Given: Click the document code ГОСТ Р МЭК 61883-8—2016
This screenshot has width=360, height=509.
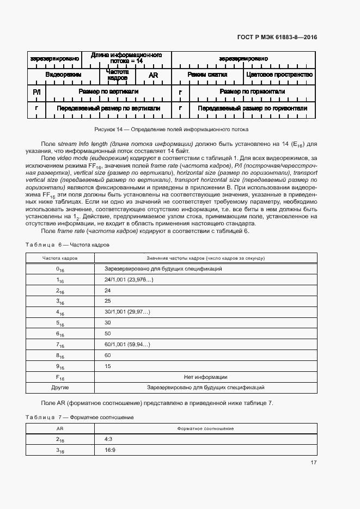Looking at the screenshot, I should click(277, 37).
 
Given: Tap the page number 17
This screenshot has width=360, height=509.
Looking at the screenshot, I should click(313, 463).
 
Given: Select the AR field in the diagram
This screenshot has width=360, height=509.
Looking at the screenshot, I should click(153, 75).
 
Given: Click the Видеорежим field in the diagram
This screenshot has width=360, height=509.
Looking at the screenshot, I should click(63, 75).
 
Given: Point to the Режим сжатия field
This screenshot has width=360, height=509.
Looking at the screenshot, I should click(207, 75).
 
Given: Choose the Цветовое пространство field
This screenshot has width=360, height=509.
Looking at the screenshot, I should click(279, 75).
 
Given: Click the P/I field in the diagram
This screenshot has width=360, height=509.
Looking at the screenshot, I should click(36, 92).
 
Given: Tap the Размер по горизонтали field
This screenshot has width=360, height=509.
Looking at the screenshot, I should click(252, 92).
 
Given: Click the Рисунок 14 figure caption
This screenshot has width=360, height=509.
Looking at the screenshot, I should click(172, 130).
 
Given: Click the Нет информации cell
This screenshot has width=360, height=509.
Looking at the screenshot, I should click(205, 377).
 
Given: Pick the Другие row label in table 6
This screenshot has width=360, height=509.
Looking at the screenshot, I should click(60, 388).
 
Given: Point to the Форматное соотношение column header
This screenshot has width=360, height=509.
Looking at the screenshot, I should click(205, 429).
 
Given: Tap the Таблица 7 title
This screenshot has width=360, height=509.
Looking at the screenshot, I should click(80, 417).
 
